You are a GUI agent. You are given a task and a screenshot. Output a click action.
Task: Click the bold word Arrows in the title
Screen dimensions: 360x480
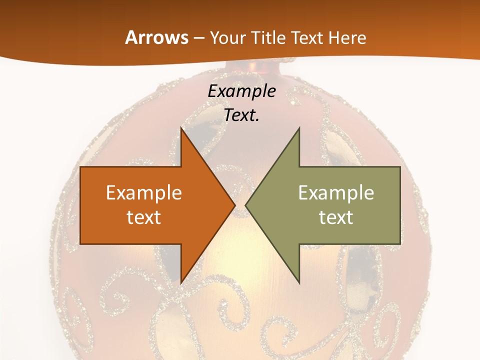coord(156,37)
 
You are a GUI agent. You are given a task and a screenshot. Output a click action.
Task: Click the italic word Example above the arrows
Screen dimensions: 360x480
coord(241,91)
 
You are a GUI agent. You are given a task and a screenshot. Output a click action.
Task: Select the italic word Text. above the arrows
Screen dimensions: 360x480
coord(241,115)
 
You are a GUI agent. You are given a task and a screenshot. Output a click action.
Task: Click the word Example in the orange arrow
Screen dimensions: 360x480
coord(143,192)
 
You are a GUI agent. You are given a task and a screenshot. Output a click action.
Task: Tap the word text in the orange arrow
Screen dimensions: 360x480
coord(143,217)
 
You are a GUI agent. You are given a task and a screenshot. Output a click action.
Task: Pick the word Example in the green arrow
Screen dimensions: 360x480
coord(336,192)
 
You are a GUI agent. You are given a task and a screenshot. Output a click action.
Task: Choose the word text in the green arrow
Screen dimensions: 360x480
coord(336,217)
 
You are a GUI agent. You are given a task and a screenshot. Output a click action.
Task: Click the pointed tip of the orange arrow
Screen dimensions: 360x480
coord(234,205)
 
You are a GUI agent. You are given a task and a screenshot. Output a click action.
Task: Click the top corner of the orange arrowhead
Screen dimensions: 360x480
coord(181,129)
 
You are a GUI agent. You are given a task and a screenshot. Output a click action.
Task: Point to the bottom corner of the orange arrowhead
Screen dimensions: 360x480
coord(181,282)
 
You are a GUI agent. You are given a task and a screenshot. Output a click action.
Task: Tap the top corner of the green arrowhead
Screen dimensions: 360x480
coord(299,129)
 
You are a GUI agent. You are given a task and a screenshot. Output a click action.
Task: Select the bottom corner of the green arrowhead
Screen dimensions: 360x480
coord(299,282)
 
